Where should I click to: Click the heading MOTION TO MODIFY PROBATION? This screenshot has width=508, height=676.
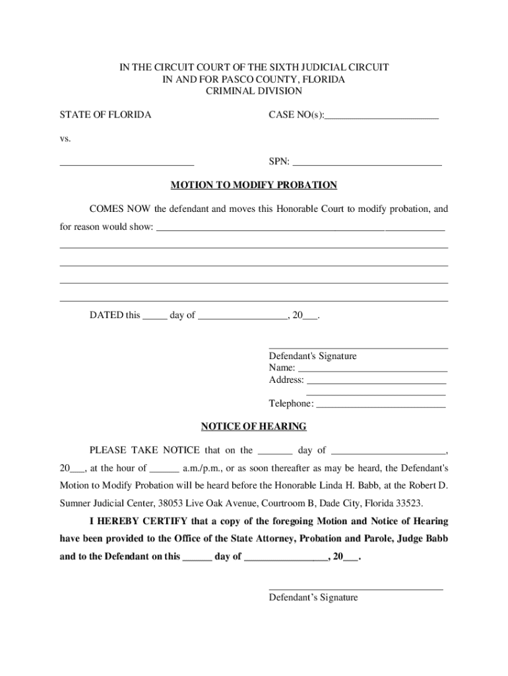[x=254, y=185]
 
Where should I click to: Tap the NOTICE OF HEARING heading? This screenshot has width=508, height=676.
[x=254, y=426]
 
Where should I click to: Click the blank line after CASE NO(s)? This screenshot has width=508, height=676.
[x=382, y=117]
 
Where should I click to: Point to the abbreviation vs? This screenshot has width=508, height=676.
[x=65, y=139]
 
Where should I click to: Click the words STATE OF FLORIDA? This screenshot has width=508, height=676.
[x=106, y=115]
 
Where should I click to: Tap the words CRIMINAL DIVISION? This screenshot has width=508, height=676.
[x=254, y=91]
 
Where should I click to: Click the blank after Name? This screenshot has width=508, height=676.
[x=372, y=370]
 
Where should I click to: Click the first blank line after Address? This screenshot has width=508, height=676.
[x=376, y=382]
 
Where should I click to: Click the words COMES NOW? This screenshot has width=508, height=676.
[x=120, y=209]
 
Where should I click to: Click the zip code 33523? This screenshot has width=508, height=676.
[x=406, y=502]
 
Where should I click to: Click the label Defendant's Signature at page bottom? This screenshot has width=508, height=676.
[x=313, y=597]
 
